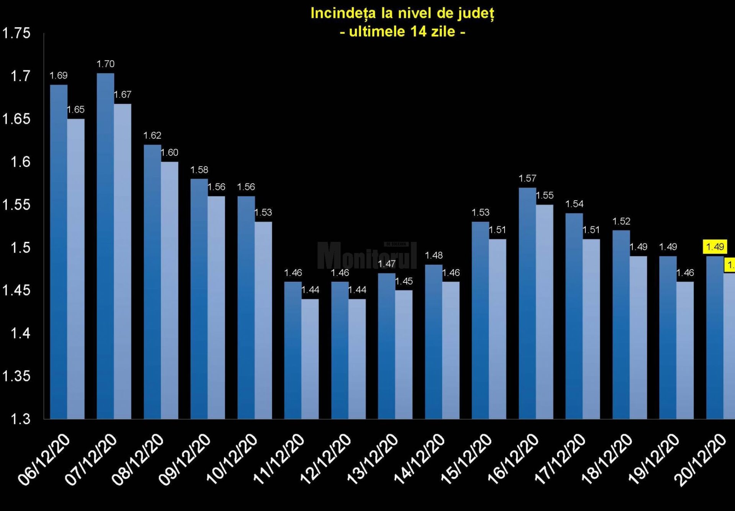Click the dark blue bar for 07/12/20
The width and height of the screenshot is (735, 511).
click(105, 245)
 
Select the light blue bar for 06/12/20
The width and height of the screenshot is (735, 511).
click(76, 268)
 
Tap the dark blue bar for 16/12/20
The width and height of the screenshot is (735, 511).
click(527, 302)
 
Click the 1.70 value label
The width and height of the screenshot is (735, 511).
click(105, 64)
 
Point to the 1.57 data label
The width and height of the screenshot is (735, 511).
click(527, 178)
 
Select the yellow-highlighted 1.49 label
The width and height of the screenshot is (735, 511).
click(715, 247)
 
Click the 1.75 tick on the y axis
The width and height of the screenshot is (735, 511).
click(16, 33)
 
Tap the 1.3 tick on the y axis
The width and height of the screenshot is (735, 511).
click(20, 419)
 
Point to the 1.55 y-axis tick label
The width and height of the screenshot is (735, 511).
click(16, 205)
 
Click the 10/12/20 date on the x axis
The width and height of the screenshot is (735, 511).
click(232, 459)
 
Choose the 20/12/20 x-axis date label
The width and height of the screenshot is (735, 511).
click(701, 459)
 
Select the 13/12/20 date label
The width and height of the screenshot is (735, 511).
click(372, 459)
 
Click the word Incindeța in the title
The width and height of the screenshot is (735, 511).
click(343, 13)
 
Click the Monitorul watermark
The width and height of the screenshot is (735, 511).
click(367, 256)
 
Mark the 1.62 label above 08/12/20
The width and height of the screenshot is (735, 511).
click(152, 136)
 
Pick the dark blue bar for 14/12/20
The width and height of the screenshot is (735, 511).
click(433, 341)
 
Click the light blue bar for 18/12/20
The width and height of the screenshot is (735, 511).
click(638, 337)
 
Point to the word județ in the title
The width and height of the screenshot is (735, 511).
click(476, 13)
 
